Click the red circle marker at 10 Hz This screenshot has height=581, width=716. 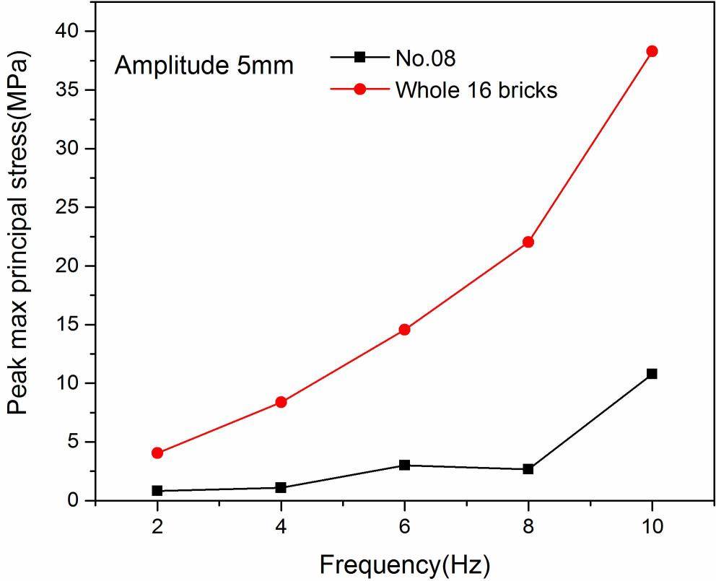click(652, 51)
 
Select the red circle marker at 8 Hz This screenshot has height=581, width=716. click(528, 242)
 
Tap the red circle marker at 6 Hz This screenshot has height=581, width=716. click(404, 329)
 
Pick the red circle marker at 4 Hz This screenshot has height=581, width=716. click(281, 402)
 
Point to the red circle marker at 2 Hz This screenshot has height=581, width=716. click(157, 453)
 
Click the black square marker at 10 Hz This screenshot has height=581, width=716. click(652, 374)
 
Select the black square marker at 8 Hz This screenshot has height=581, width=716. click(528, 469)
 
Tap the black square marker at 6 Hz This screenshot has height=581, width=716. click(404, 465)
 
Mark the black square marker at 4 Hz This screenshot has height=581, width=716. click(281, 488)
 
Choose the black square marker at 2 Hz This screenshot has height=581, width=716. click(157, 491)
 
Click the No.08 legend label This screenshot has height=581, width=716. click(425, 58)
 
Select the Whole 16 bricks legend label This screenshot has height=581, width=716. click(476, 90)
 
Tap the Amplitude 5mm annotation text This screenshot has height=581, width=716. click(204, 66)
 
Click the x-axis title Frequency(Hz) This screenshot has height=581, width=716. click(404, 564)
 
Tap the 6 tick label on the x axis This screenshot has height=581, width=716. click(404, 527)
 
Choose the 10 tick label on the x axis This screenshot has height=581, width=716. click(652, 527)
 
